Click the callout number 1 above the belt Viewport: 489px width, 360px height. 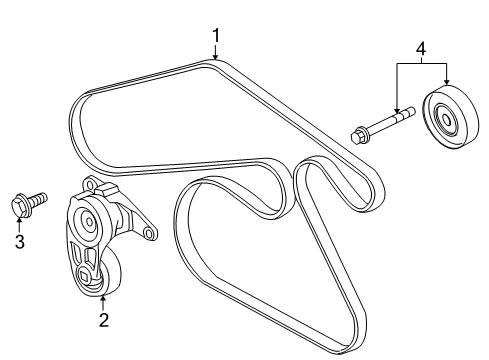tap(215, 38)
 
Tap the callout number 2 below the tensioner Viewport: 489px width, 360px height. tap(103, 320)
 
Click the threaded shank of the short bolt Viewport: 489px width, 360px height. tap(36, 202)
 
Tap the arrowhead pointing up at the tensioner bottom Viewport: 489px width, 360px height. tap(103, 300)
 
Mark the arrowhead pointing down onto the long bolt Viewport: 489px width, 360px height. tap(397, 111)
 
